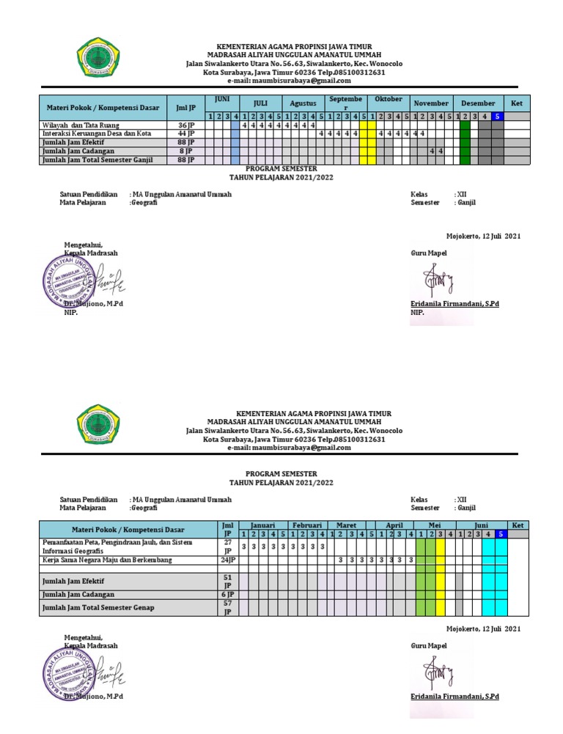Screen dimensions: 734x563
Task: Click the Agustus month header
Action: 302,103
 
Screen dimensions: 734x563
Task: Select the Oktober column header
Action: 389,99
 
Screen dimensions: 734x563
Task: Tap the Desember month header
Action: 479,103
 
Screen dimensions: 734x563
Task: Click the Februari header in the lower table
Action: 307,525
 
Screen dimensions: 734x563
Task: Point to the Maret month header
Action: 346,525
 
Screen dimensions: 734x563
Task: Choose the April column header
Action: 394,525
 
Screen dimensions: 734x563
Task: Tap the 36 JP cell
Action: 186,125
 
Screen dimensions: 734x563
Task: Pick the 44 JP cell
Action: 186,133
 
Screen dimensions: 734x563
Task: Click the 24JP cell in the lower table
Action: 228,560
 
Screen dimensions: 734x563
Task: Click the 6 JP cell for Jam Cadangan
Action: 228,594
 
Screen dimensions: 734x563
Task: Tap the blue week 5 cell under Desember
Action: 498,116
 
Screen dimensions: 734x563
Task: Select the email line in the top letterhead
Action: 289,81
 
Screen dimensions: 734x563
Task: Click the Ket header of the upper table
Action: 516,103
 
